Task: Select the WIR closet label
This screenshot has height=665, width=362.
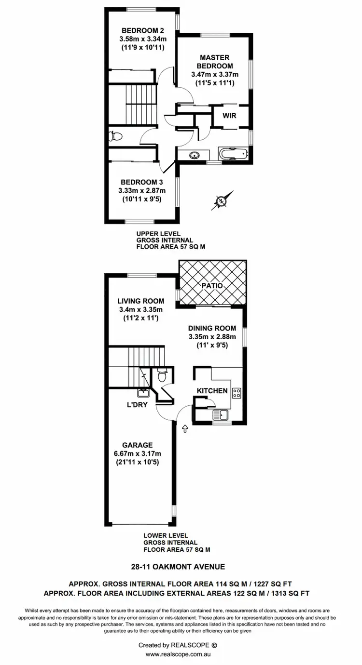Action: pyautogui.click(x=229, y=116)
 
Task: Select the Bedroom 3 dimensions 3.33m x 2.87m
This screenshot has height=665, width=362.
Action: pyautogui.click(x=141, y=191)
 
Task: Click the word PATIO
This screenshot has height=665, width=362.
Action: pyautogui.click(x=213, y=285)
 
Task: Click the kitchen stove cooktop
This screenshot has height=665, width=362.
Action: pyautogui.click(x=237, y=393)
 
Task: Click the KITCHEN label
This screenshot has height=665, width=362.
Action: pyautogui.click(x=212, y=390)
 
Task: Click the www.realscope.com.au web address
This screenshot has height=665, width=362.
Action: pyautogui.click(x=181, y=654)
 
